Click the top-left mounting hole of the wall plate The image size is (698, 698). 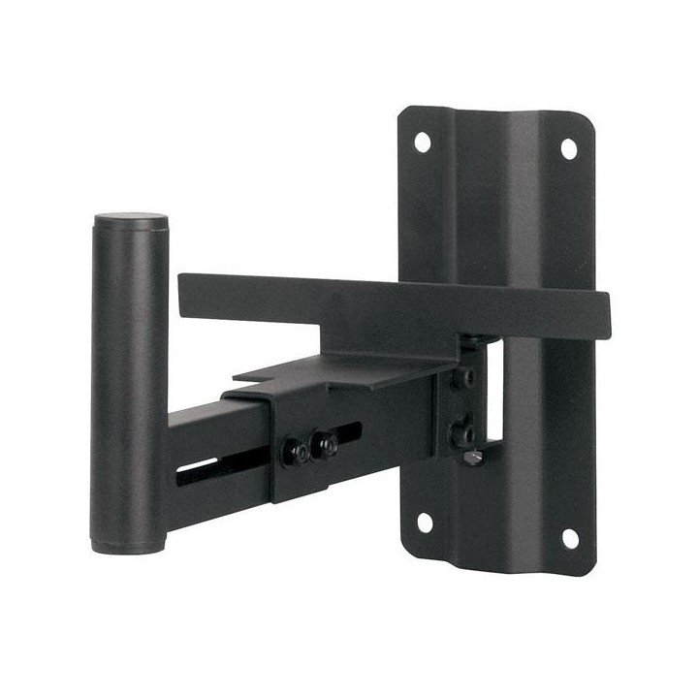pos(423,142)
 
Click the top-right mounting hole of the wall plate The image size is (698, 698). pos(569,147)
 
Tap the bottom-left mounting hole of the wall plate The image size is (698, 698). pos(425,523)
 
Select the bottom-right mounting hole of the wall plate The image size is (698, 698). pos(569,537)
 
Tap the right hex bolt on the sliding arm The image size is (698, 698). pos(327,444)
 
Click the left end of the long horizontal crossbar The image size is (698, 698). pos(186,285)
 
